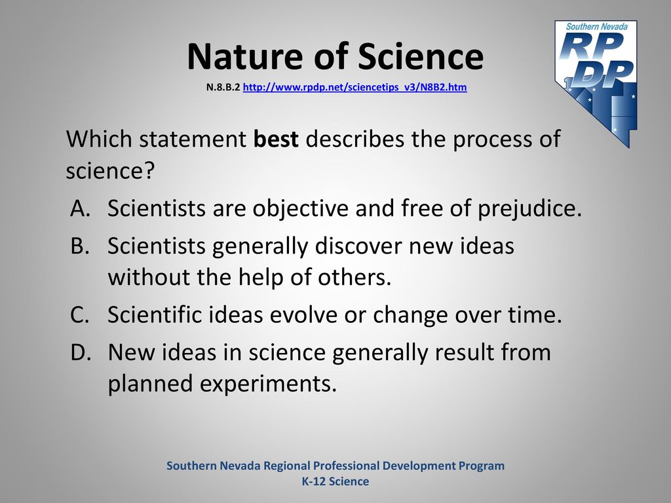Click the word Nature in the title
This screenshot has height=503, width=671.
click(x=246, y=56)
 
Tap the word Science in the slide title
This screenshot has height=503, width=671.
click(x=421, y=56)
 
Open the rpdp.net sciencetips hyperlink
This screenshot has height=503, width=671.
click(x=355, y=87)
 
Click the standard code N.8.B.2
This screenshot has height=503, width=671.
click(x=223, y=87)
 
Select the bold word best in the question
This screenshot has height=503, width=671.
click(x=276, y=139)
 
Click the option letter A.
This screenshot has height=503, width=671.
click(x=81, y=208)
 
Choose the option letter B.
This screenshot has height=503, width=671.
click(x=80, y=246)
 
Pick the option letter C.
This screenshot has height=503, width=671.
click(x=80, y=314)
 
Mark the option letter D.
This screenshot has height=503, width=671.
click(x=81, y=352)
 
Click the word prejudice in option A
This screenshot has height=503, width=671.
click(x=529, y=209)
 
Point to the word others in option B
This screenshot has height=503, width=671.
click(x=355, y=277)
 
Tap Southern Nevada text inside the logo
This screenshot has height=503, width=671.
click(x=597, y=26)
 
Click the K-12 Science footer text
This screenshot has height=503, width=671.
click(x=335, y=481)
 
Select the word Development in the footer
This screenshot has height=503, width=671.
click(x=419, y=466)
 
